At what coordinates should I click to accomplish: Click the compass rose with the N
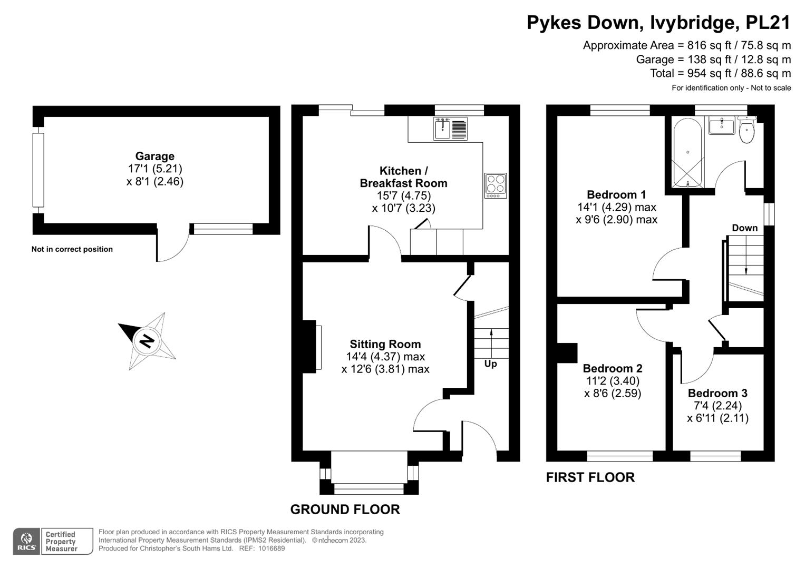147,341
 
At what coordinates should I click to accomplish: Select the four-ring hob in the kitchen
496,185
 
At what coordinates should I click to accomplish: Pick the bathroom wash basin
721,126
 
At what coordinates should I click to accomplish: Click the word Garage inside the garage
154,156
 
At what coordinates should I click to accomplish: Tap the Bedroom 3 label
717,393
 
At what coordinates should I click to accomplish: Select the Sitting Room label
385,344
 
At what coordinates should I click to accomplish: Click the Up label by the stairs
490,364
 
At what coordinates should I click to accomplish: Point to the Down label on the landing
744,228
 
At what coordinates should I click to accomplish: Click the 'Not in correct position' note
72,249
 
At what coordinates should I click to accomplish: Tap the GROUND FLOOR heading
345,509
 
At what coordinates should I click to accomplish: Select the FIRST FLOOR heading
590,477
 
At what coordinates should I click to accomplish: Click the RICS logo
26,541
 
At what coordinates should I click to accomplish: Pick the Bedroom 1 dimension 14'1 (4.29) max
616,207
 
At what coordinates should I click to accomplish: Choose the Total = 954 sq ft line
720,73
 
